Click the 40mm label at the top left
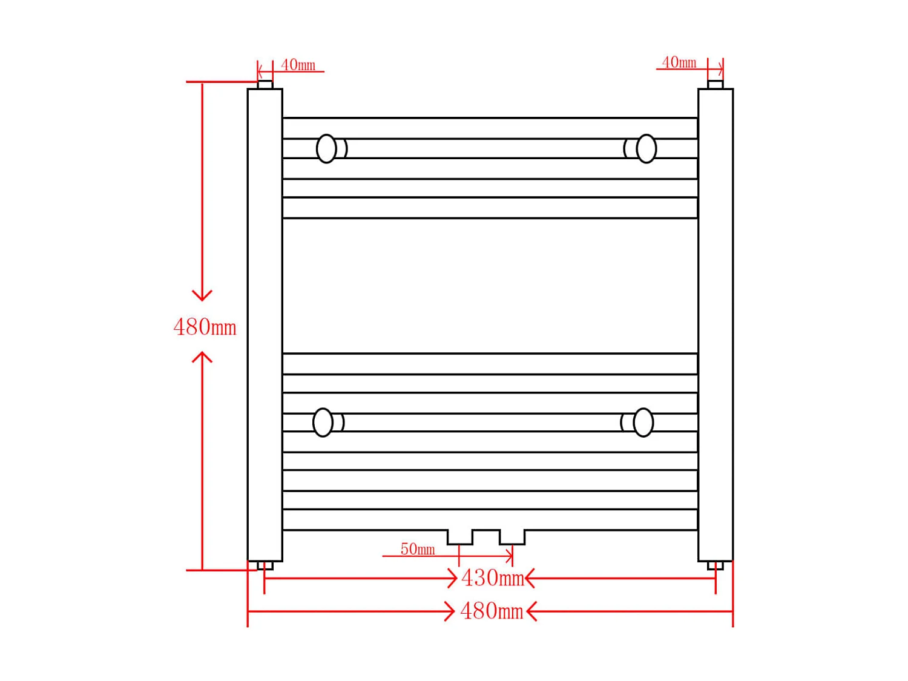point(298,65)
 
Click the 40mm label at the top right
point(679,62)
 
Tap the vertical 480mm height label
point(205,327)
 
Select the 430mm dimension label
point(493,577)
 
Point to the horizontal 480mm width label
point(492,611)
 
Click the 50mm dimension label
point(418,549)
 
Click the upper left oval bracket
point(326,148)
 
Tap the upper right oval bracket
point(646,148)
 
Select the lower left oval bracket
point(323,423)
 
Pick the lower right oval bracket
point(643,423)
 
